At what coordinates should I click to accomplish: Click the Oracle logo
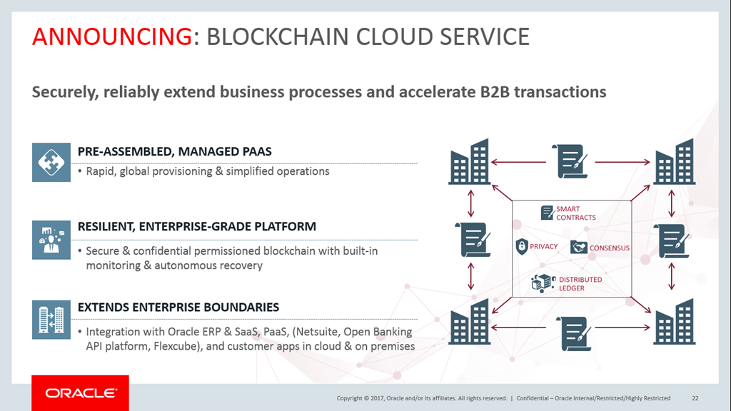coord(80,393)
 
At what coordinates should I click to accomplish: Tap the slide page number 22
coord(695,398)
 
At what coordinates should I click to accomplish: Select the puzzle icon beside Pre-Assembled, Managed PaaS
coord(51,162)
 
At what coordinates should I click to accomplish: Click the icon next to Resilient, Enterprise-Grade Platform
coord(51,240)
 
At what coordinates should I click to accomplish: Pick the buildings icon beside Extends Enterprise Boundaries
coord(51,319)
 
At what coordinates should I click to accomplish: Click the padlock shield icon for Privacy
coord(522,247)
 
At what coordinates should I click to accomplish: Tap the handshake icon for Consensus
coord(579,248)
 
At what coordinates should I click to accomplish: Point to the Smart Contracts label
coord(575,213)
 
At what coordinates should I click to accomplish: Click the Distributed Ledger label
coord(580,283)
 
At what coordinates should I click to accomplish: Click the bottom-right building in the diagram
coord(674,322)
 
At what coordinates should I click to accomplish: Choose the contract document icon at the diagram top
coord(570,161)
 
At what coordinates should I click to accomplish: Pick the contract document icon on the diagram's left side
coord(471,240)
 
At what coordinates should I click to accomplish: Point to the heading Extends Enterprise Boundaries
coord(178,307)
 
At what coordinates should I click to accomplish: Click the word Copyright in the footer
coord(352,398)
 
